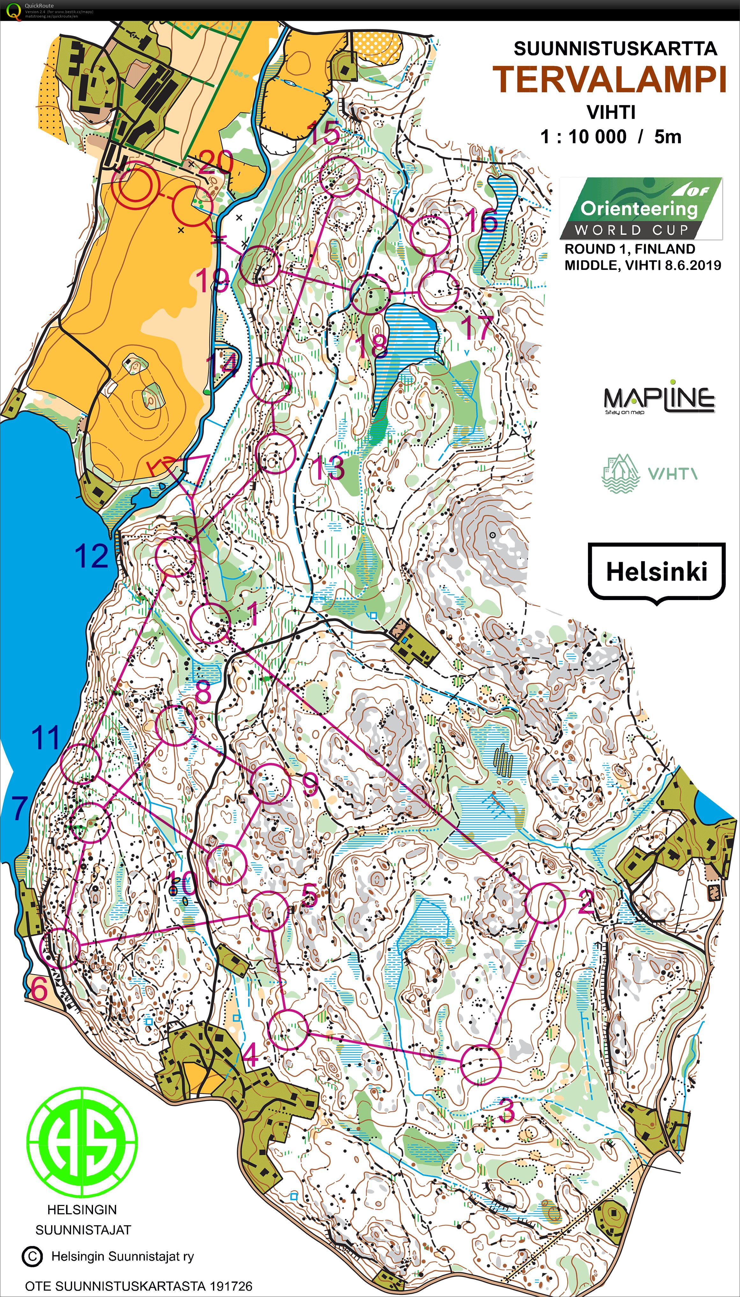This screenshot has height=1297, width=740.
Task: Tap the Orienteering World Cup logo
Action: pos(641,208)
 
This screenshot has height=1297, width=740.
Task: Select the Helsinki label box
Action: pos(656,571)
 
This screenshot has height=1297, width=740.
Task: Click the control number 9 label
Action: pos(310,785)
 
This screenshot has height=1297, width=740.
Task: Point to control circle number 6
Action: pos(60,948)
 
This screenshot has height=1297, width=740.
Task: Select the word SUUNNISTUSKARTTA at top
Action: pos(615,49)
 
